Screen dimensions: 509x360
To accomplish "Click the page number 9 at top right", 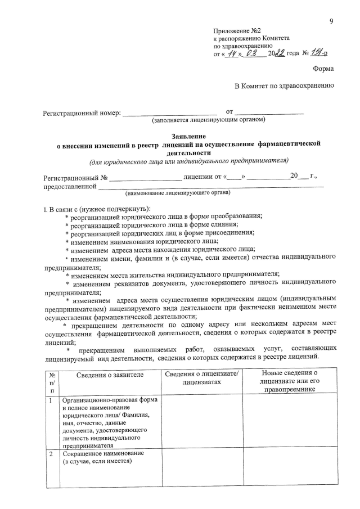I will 332,21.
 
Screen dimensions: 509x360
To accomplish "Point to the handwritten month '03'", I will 254,53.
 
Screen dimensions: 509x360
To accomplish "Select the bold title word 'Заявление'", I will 189,136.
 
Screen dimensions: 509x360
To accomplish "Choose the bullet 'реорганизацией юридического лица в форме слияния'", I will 163,223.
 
